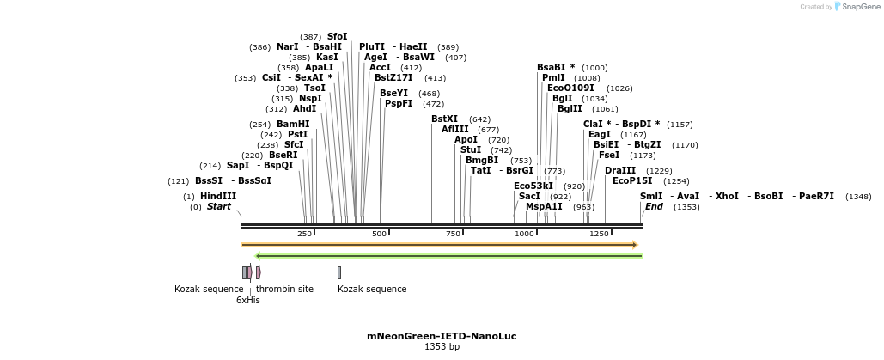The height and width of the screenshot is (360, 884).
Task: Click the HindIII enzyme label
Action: point(217,196)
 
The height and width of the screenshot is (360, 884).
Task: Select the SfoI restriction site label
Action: point(338,36)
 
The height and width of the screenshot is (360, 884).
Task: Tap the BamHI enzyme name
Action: point(293,124)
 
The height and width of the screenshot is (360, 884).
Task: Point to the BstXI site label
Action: point(444,119)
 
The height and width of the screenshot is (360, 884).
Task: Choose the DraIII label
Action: point(619,170)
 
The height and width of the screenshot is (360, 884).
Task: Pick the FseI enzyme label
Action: point(609,155)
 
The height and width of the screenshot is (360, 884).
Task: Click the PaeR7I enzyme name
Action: point(816,196)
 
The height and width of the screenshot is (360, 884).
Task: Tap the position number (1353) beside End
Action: point(686,207)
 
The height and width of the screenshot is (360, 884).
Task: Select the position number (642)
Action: point(479,119)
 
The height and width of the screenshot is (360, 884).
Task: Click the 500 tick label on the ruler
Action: point(379,234)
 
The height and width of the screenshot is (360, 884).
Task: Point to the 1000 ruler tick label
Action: point(524,234)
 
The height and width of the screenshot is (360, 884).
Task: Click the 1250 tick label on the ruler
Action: point(599,234)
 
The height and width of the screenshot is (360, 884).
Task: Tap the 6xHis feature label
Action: point(248,300)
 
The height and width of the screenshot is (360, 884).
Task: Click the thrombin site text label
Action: point(284,289)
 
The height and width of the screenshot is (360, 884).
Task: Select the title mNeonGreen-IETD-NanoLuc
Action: point(442,336)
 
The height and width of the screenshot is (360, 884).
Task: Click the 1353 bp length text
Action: point(442,347)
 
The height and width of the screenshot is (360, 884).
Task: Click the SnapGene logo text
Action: point(859,7)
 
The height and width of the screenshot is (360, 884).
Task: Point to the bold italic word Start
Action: point(219,206)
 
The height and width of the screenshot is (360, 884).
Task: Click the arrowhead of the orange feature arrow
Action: point(635,245)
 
